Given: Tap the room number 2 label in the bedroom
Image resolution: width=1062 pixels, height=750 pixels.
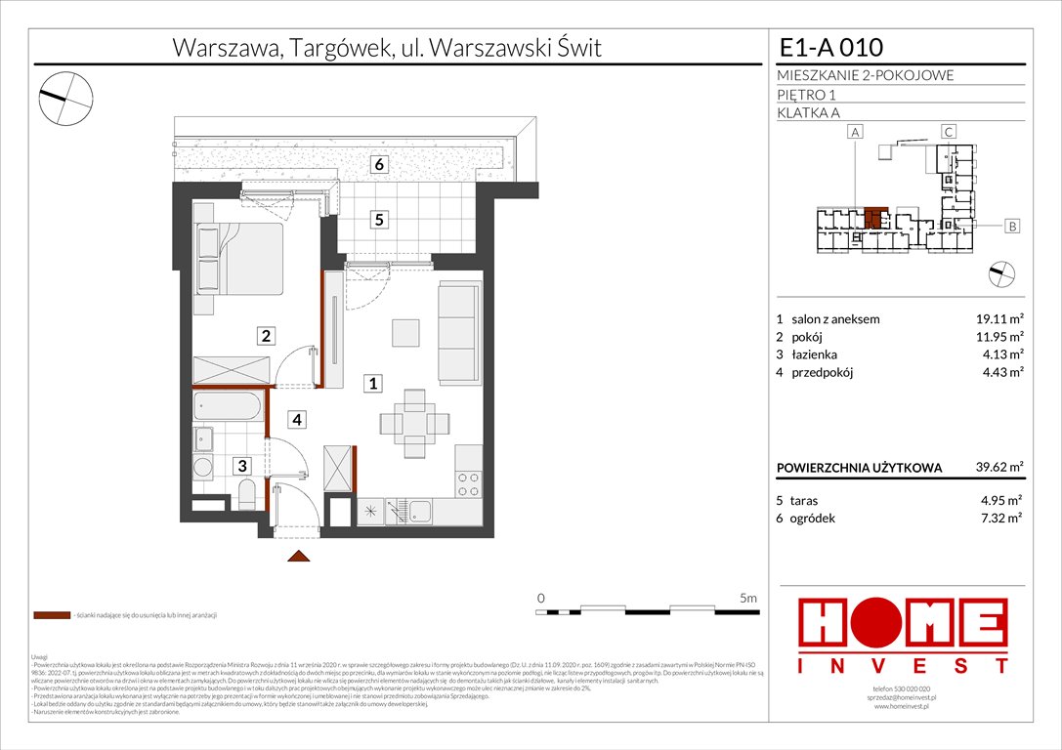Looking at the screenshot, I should point(265,336).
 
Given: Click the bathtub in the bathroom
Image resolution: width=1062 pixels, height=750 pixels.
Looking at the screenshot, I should point(230,406).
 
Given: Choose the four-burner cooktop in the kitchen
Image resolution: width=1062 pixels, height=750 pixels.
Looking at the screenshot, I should point(469,483).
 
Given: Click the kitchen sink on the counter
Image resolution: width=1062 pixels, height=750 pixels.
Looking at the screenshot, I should point(421,511).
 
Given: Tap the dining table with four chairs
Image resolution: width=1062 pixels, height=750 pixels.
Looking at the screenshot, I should point(415,424).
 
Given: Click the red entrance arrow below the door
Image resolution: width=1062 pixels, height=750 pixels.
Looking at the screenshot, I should point(299,556).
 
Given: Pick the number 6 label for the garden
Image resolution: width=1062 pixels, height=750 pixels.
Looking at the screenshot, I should point(379,165).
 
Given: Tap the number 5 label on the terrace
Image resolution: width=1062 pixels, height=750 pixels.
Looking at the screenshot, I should point(378,220).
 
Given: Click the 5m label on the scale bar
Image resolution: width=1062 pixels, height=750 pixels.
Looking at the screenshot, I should point(748,597).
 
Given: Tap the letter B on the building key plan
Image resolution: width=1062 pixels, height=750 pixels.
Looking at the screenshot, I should point(1012,227).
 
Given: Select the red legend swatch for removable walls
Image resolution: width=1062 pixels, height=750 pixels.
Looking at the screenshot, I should point(52,616).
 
